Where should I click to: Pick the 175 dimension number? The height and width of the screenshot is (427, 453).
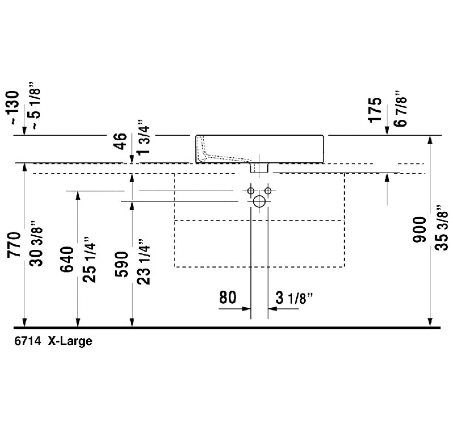click(x=373, y=109)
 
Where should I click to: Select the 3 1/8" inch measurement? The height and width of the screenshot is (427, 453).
click(x=294, y=298)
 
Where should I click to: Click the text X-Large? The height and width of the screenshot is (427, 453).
click(x=69, y=342)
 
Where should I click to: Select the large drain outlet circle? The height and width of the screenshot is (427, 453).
click(x=259, y=201)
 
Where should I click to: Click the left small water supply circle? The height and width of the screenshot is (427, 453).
click(x=250, y=190)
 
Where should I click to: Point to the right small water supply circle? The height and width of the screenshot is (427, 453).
click(x=269, y=190)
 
